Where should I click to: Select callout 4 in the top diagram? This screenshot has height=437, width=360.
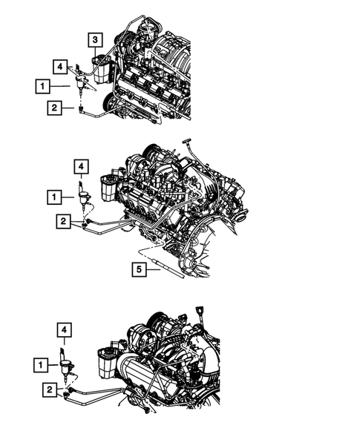point(59,67)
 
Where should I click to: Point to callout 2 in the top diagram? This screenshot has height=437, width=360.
point(54,108)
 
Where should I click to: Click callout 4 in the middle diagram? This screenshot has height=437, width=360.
point(79,165)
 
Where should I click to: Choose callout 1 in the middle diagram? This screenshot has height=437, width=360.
point(54,197)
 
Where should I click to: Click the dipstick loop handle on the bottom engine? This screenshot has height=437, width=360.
point(200,311)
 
